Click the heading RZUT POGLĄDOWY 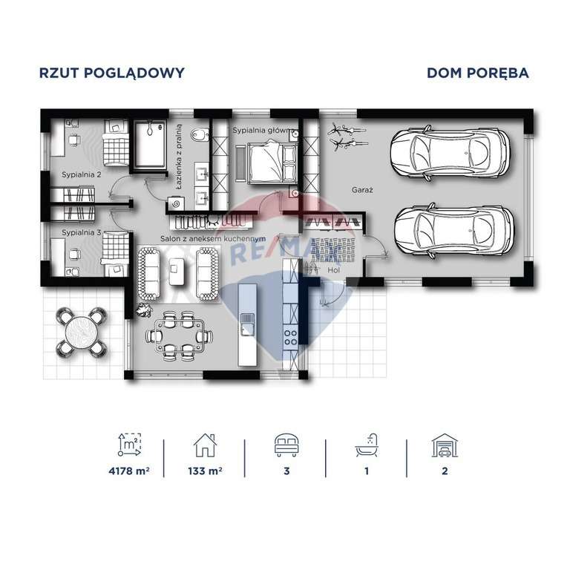[111, 73]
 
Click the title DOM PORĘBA [477, 73]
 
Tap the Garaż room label [362, 191]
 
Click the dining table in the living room [177, 335]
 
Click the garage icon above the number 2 [443, 445]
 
